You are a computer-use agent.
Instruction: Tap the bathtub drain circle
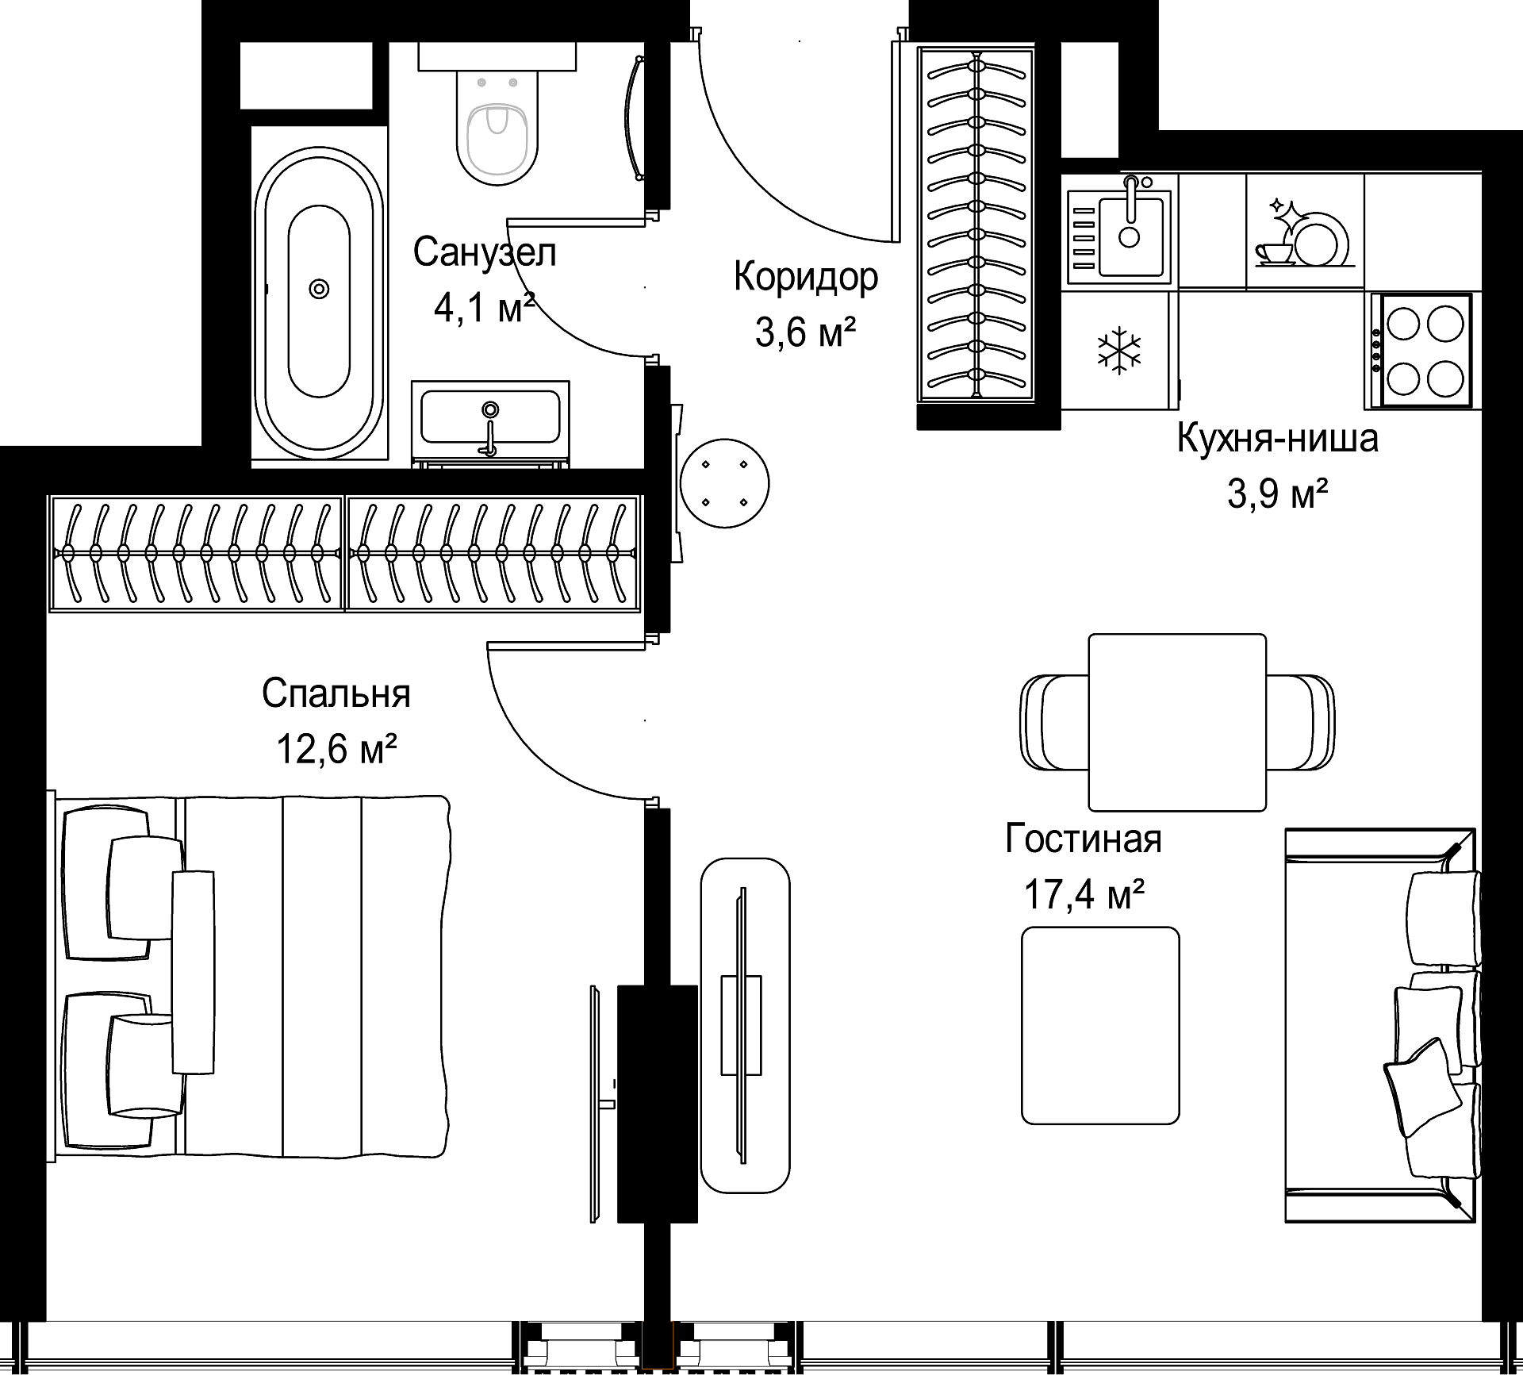coord(319,289)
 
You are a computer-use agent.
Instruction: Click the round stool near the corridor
coord(724,483)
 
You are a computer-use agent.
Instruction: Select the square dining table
coord(1177,722)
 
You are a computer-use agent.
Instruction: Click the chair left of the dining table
coord(1053,723)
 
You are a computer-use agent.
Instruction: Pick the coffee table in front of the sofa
coord(1100,1026)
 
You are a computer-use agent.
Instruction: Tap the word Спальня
coord(336,693)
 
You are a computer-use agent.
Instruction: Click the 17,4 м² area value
coord(1084,896)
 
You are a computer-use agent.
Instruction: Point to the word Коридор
coord(806,277)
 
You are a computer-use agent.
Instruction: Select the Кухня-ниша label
coord(1277,438)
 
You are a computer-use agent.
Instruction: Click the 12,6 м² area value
coord(336,748)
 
